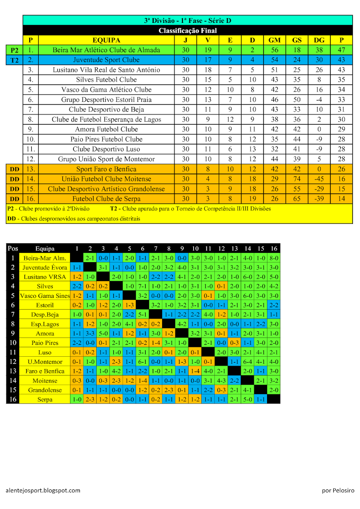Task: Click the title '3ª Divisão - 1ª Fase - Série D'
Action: click(187, 20)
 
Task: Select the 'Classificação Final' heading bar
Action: click(187, 31)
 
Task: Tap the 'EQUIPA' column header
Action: click(106, 40)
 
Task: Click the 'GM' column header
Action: click(274, 40)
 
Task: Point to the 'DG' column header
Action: click(319, 40)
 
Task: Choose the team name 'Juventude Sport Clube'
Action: click(106, 60)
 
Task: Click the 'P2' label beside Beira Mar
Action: click(14, 50)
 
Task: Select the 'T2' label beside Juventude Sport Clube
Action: click(14, 60)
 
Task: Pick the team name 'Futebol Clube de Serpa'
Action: click(106, 199)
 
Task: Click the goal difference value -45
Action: click(319, 179)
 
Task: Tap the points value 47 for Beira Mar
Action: click(341, 50)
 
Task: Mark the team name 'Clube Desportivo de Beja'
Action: click(106, 109)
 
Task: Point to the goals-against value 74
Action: click(297, 179)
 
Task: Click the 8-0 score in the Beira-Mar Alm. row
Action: click(274, 258)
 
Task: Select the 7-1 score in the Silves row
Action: click(143, 286)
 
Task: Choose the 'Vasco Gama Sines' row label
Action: click(45, 296)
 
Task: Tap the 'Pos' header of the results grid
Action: click(13, 249)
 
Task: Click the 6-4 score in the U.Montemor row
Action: click(247, 362)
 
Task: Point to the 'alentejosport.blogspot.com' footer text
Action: click(43, 490)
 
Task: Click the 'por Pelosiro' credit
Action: click(337, 490)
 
